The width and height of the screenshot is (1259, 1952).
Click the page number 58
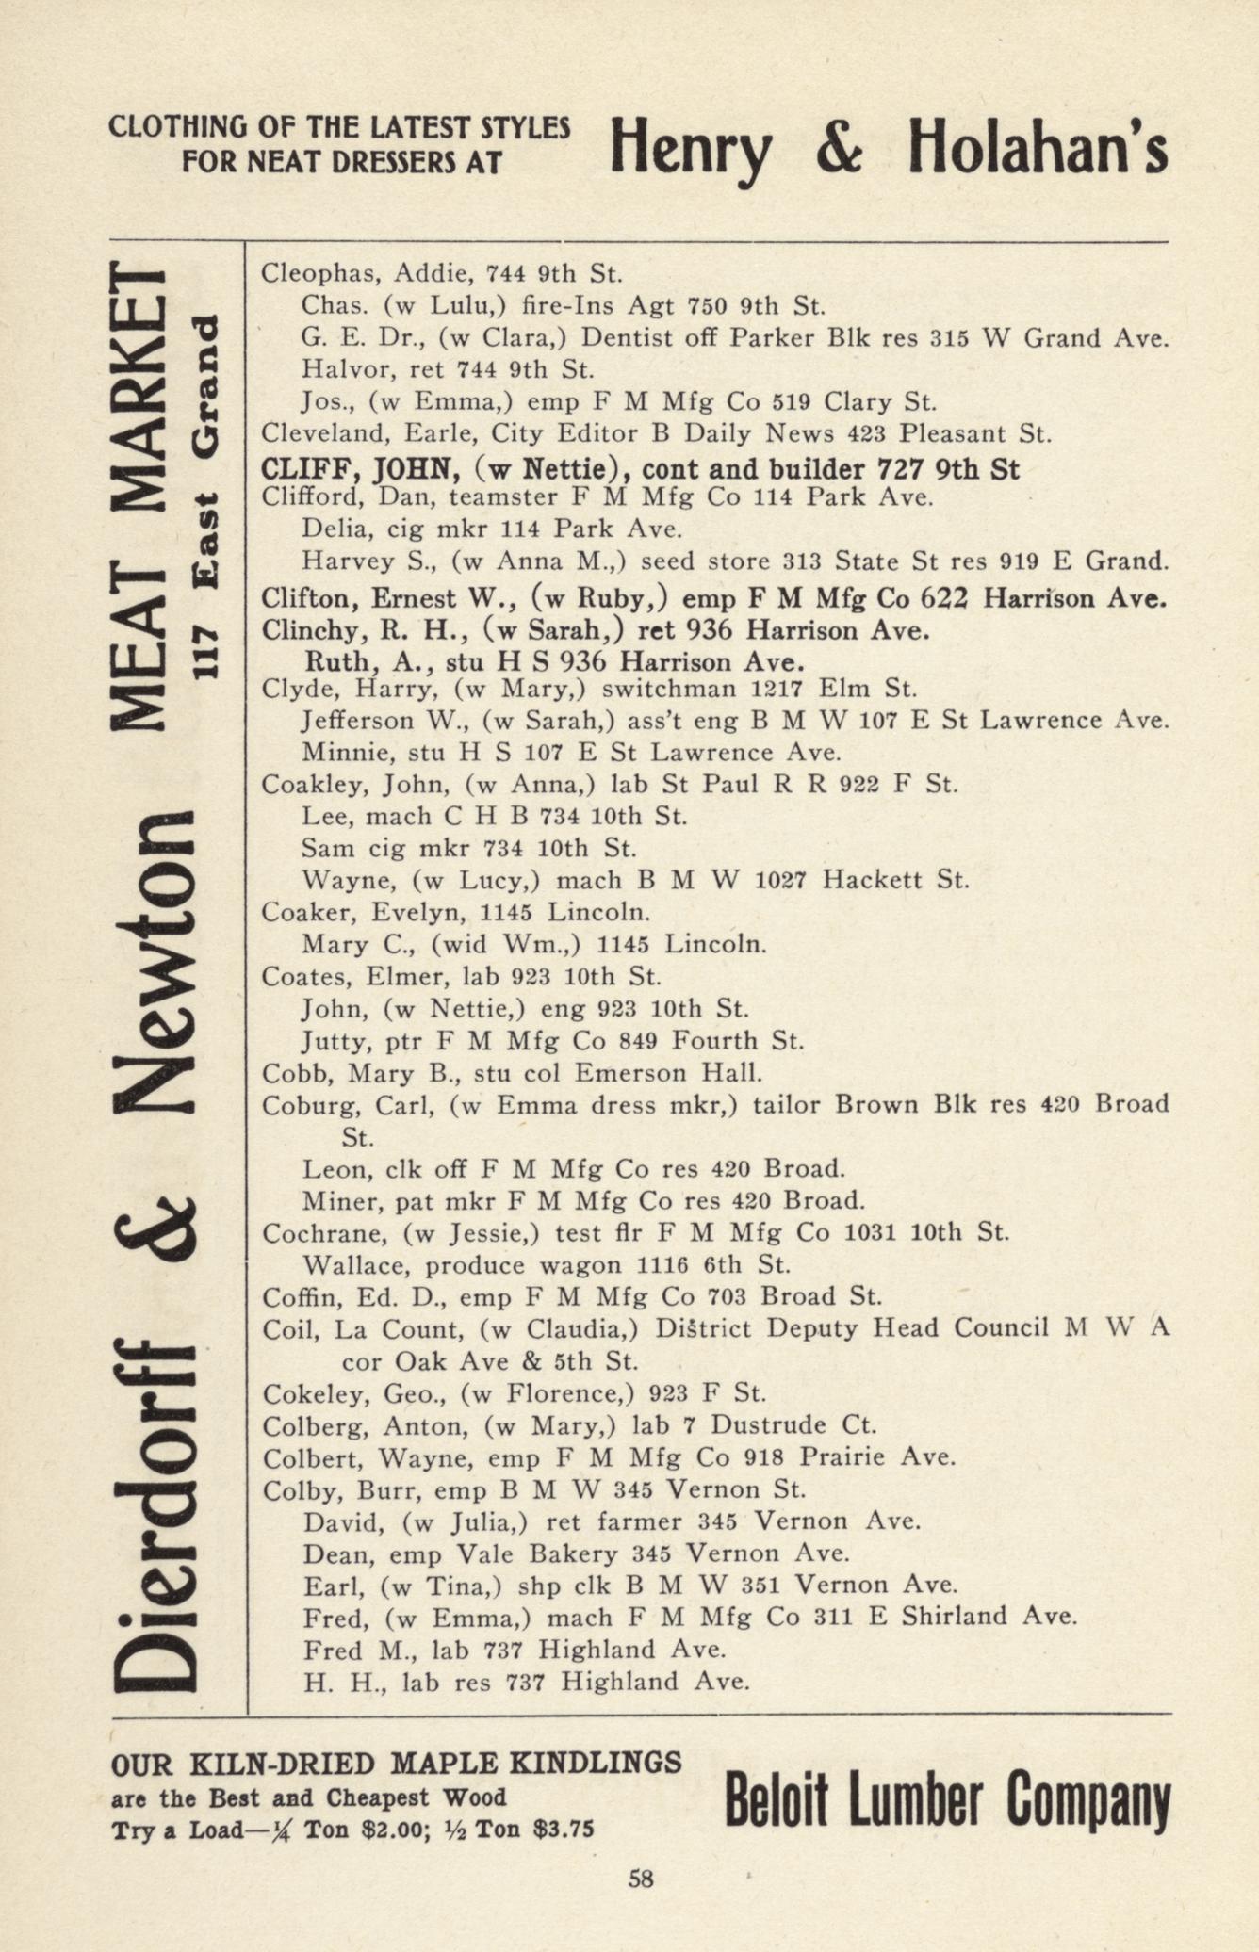(x=641, y=1879)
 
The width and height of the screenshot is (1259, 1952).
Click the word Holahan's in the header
(x=1038, y=151)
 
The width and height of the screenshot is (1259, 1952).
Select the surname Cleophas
(x=319, y=274)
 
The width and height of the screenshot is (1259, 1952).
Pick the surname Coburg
(x=307, y=1104)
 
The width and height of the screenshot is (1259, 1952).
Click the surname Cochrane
(x=319, y=1232)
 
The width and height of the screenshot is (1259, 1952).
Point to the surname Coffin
(x=300, y=1297)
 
